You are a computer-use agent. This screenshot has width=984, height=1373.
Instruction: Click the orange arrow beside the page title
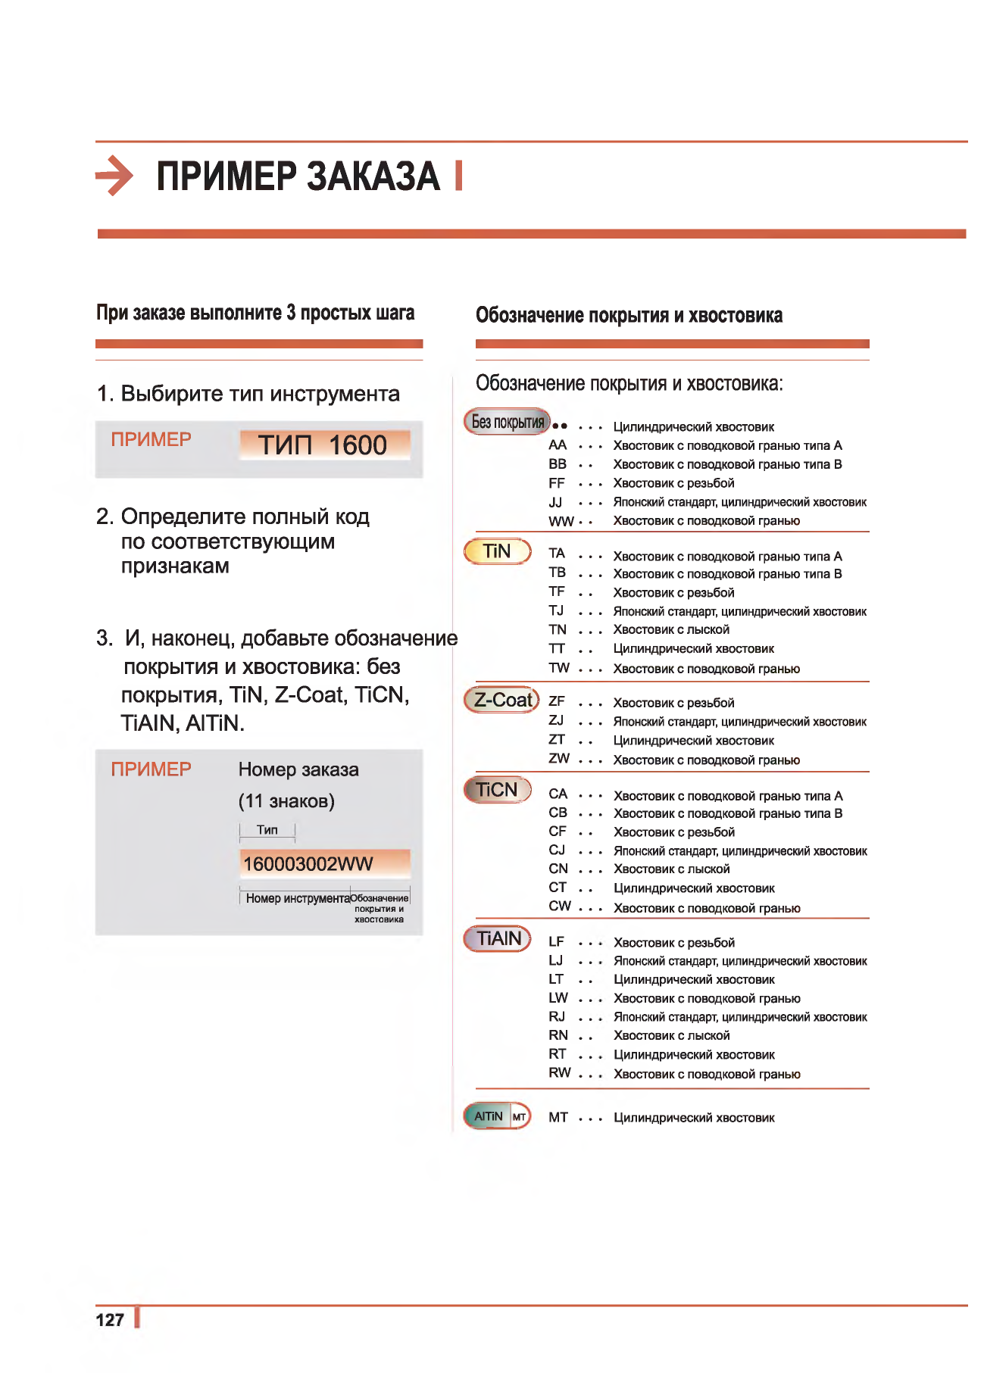[114, 176]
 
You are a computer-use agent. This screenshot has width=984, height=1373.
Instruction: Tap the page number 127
[110, 1320]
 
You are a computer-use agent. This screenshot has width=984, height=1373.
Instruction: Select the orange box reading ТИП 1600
[324, 445]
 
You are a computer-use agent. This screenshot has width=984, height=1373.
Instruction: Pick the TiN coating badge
[497, 551]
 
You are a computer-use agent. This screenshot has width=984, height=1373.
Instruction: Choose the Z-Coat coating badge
[501, 700]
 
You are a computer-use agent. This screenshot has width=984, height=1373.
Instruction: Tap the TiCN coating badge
[497, 790]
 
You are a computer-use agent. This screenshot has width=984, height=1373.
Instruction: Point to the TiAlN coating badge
[498, 938]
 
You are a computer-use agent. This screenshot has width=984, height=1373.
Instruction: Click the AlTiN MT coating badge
[497, 1116]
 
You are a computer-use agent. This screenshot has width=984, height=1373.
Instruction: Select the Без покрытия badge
[507, 422]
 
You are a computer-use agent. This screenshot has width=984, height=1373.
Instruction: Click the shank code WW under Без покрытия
[561, 521]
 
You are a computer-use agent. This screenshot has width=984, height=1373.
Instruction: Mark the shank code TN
[558, 629]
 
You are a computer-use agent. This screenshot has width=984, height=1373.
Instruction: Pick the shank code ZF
[557, 701]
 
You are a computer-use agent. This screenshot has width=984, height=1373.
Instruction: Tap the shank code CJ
[558, 850]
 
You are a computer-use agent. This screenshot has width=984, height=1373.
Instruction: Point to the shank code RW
[560, 1072]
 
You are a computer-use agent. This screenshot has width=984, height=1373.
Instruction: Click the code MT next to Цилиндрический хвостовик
[558, 1117]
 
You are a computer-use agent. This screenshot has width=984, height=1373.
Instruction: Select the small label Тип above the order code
[267, 830]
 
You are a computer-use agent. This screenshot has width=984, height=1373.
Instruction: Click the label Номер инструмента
[298, 898]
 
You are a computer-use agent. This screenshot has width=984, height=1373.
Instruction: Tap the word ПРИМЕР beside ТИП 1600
[151, 439]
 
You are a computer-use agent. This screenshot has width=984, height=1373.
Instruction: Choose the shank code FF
[557, 483]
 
